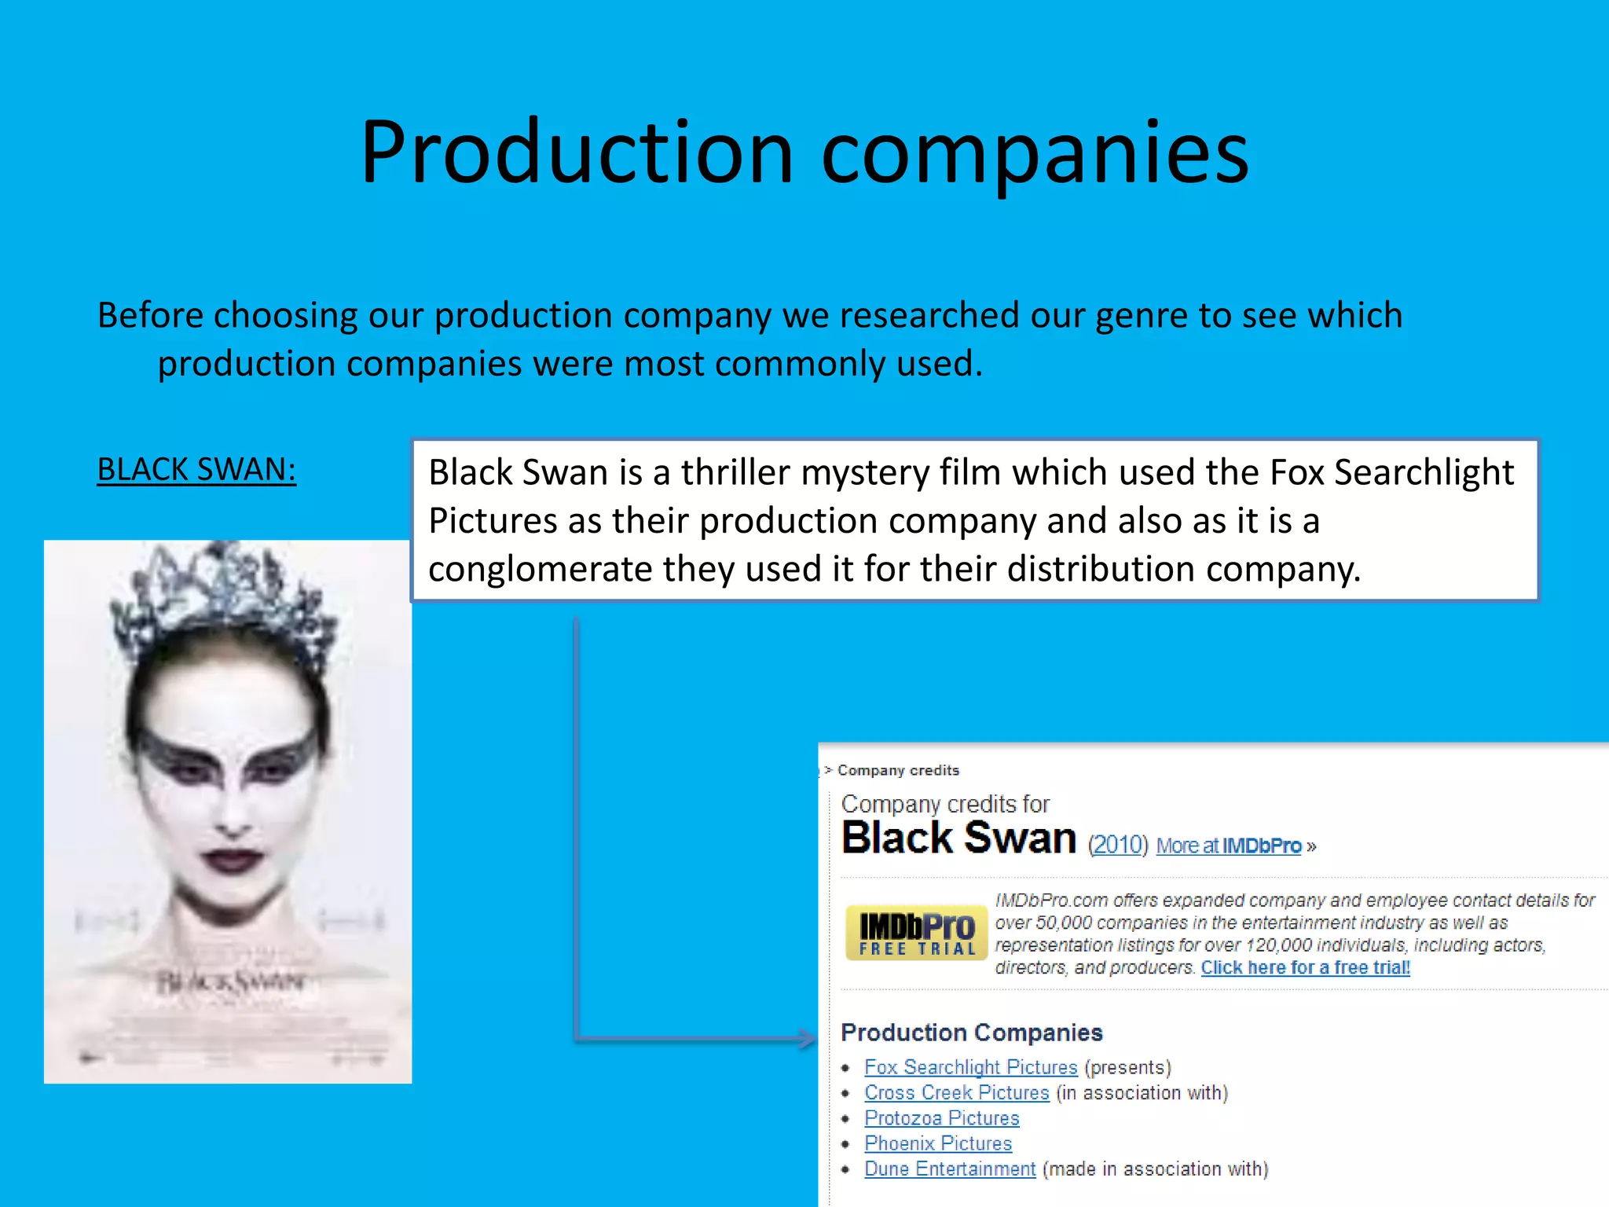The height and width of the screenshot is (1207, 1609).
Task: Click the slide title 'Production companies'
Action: coord(804,152)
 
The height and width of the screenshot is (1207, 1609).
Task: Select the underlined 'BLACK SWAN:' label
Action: coord(196,470)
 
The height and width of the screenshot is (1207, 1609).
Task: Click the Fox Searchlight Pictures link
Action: coord(970,1067)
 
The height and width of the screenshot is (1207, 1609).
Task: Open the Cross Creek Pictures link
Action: coord(956,1092)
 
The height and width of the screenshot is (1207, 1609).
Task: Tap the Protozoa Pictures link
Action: coord(941,1117)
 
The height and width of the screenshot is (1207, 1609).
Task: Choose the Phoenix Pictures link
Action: coord(938,1143)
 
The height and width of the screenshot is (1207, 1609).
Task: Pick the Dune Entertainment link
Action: coord(950,1168)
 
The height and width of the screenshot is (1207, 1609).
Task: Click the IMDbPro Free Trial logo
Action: coord(916,933)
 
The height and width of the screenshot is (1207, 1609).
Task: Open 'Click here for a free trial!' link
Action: coord(1305,967)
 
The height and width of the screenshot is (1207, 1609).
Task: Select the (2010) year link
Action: coord(1117,845)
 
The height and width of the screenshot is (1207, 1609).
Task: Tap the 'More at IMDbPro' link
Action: coord(1229,846)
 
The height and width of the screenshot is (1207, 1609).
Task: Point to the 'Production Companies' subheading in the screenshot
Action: coord(971,1033)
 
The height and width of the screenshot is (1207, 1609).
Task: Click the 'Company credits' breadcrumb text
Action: coord(898,770)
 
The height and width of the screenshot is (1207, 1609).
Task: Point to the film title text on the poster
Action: coord(230,981)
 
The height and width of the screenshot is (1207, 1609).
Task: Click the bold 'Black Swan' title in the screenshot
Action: coord(958,838)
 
